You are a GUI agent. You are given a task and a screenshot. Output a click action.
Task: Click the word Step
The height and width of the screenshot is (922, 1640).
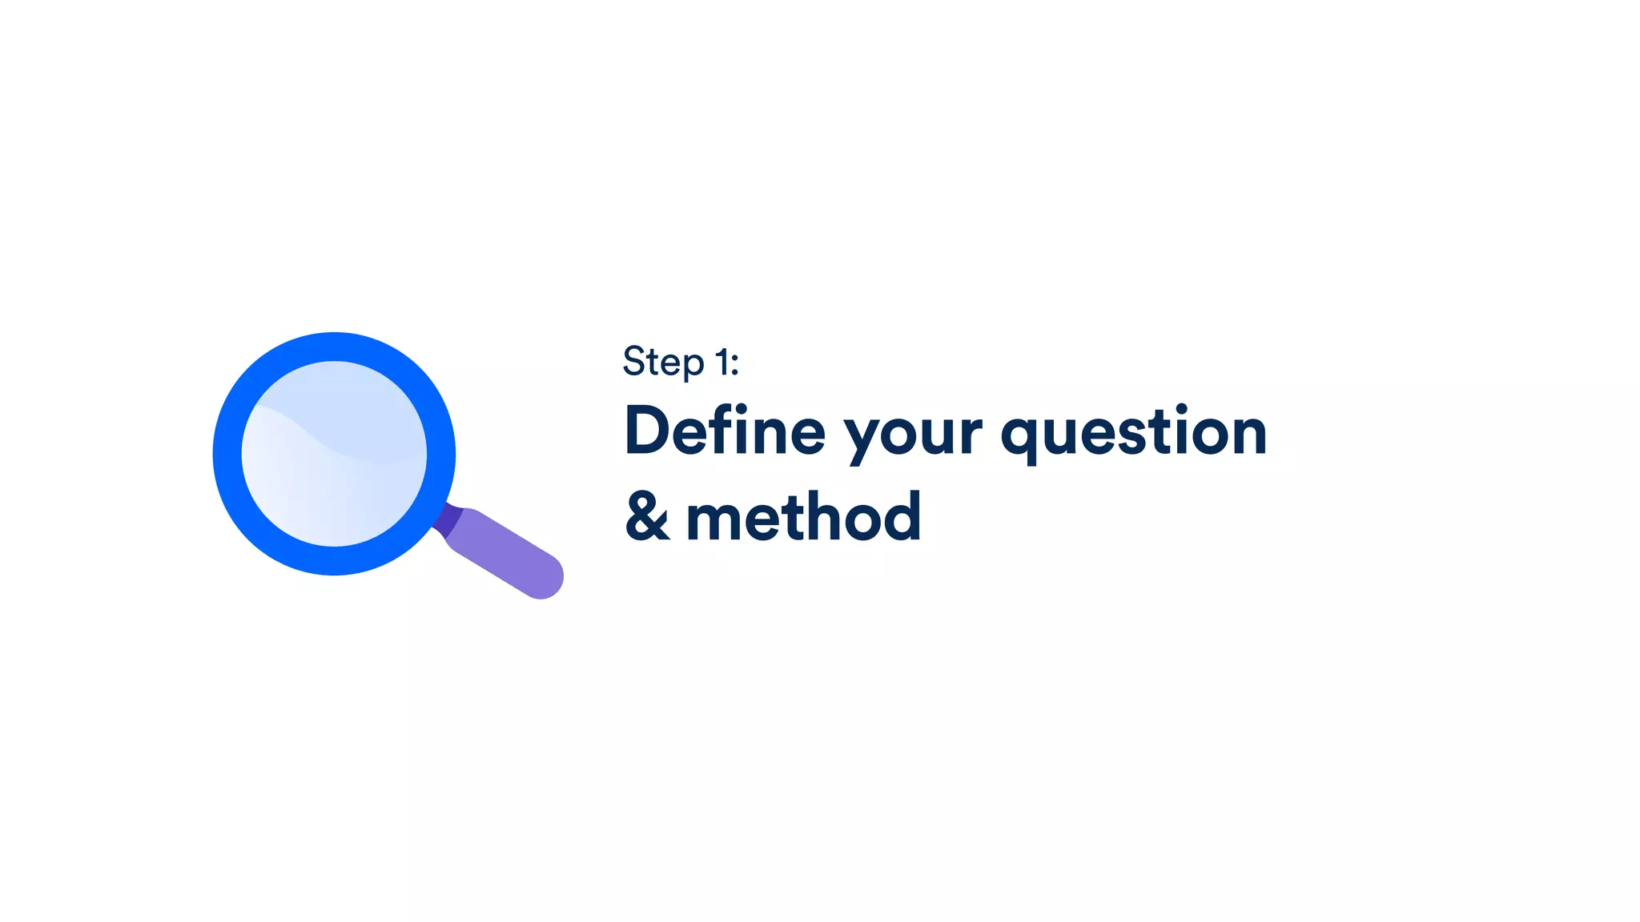pyautogui.click(x=663, y=362)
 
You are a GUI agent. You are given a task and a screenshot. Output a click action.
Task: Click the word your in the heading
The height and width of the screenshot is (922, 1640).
pyautogui.click(x=912, y=436)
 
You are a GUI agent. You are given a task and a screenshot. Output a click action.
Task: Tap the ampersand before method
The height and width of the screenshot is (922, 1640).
pyautogui.click(x=647, y=517)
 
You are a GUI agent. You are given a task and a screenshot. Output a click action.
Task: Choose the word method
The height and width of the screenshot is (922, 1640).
pyautogui.click(x=803, y=517)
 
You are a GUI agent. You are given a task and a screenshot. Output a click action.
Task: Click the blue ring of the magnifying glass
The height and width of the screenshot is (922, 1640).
pyautogui.click(x=227, y=454)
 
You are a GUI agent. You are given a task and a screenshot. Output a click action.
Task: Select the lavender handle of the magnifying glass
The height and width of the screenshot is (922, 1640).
pyautogui.click(x=504, y=552)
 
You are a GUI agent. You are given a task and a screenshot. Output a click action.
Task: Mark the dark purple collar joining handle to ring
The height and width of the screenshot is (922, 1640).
pyautogui.click(x=448, y=519)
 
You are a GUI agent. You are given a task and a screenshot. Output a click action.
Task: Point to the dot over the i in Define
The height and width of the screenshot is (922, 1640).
pyautogui.click(x=742, y=409)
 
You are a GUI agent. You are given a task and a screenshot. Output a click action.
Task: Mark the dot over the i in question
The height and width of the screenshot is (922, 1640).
pyautogui.click(x=1182, y=409)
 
